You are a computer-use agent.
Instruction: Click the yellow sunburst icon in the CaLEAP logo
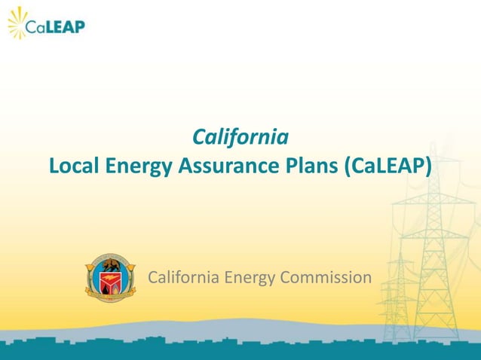17,23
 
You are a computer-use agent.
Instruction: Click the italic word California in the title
240,138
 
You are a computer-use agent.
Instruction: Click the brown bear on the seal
110,266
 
